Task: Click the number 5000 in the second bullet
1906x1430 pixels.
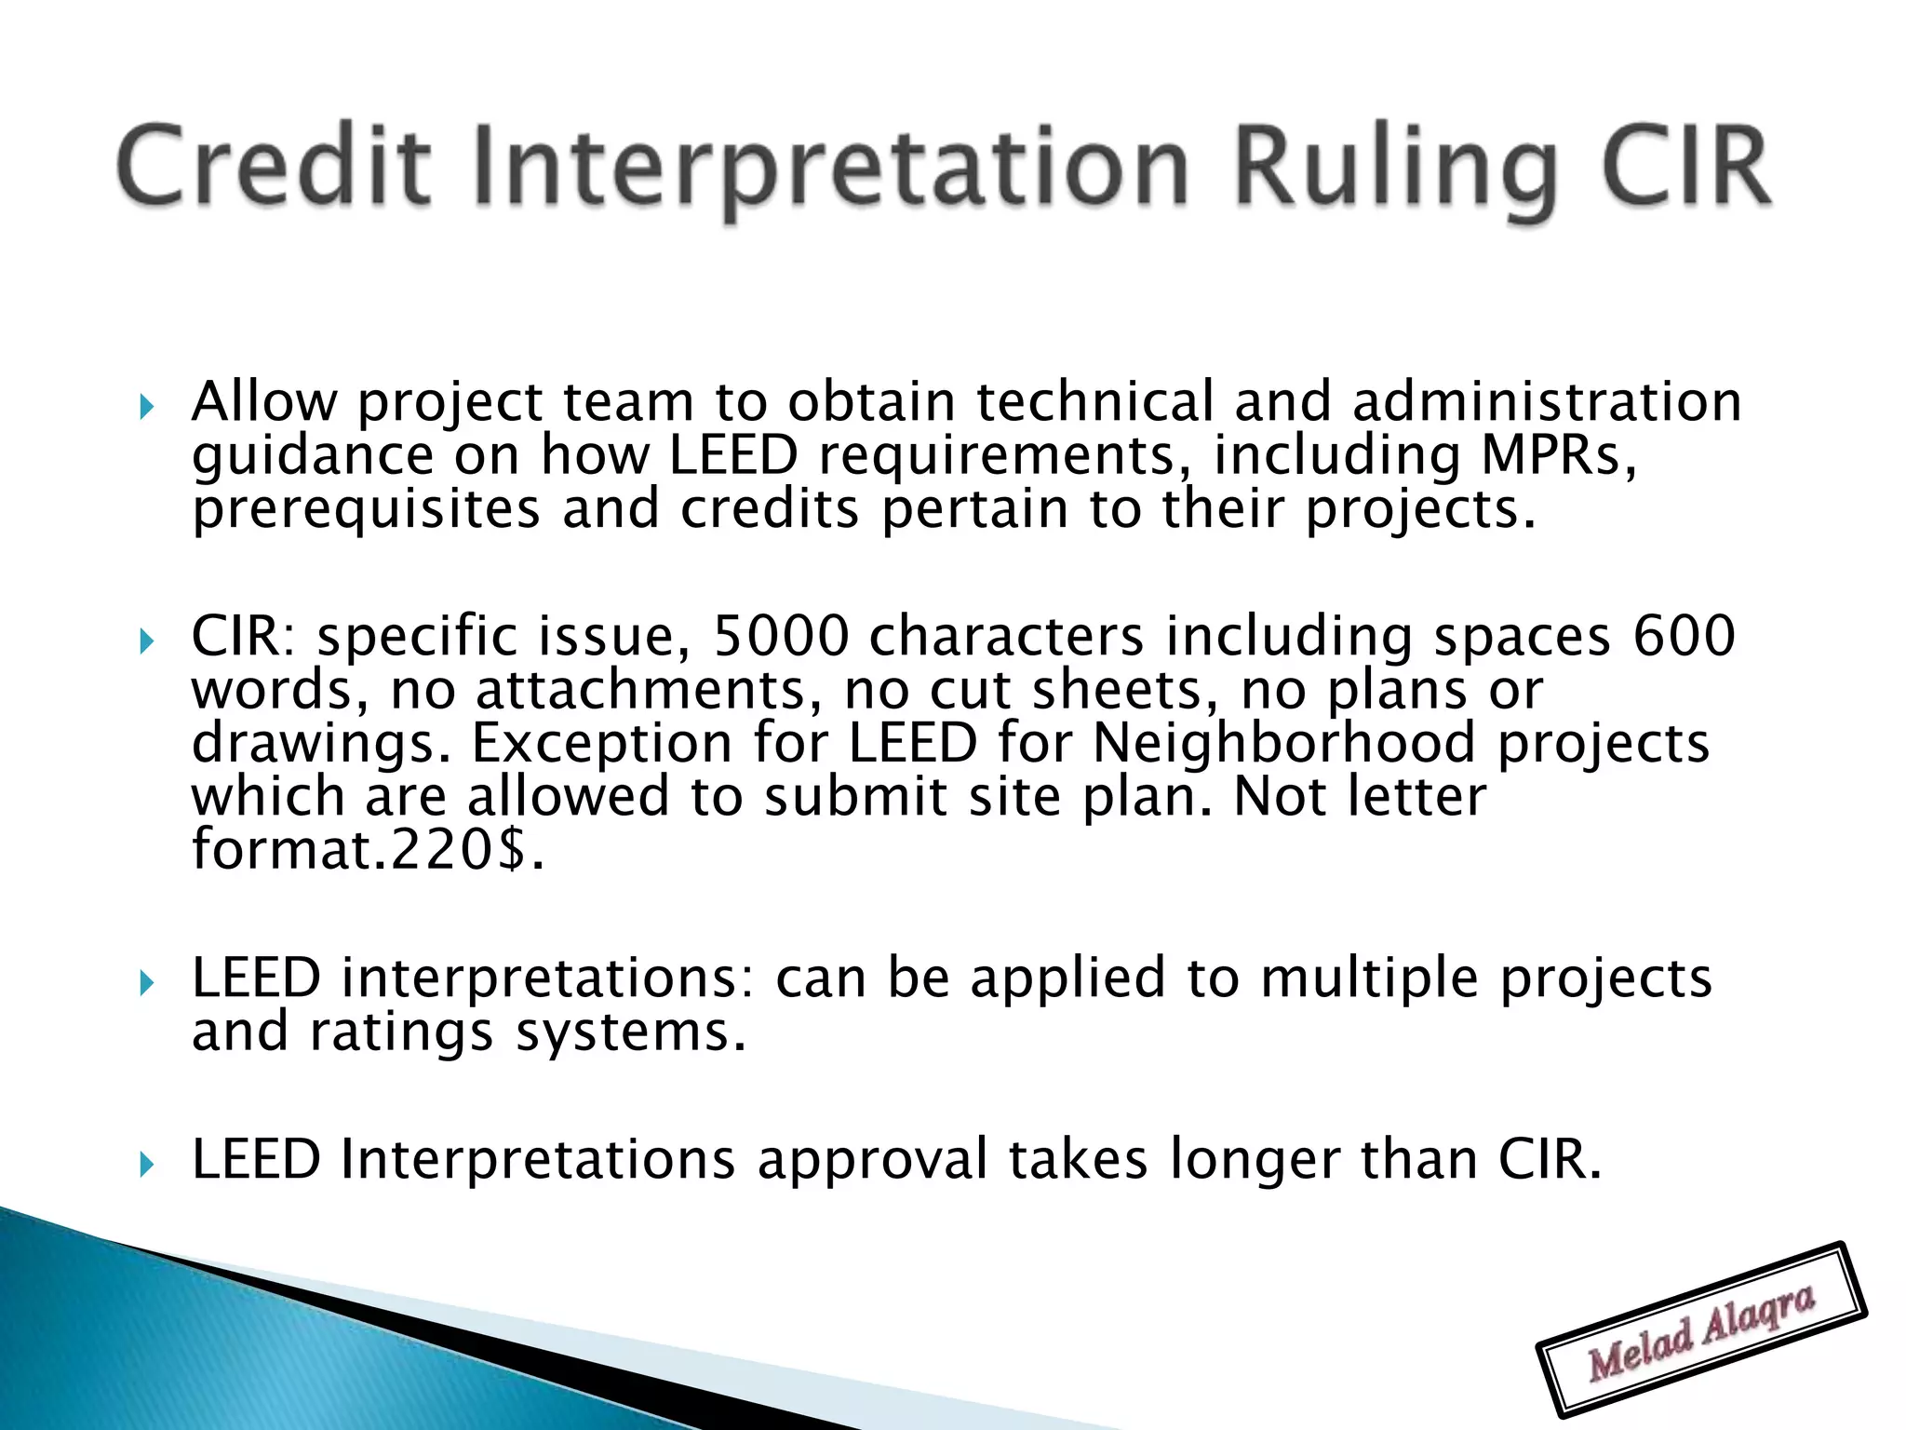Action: click(780, 637)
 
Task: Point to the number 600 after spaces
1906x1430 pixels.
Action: click(1685, 637)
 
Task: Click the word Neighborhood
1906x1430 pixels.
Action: click(1284, 744)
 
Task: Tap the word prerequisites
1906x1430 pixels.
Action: click(366, 511)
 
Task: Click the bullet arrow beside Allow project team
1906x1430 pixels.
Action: click(145, 407)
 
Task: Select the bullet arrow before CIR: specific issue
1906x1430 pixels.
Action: click(145, 641)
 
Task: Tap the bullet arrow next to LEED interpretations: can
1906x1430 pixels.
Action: click(145, 983)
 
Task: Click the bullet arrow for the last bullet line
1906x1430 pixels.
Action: click(145, 1165)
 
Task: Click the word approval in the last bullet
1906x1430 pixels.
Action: click(872, 1161)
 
